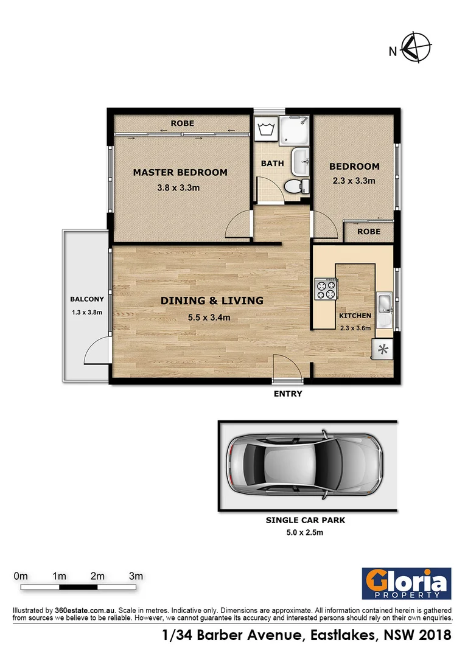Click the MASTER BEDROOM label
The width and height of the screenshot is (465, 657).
click(180, 172)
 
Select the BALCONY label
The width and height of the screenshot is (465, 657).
click(87, 299)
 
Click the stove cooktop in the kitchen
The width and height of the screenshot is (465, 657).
click(325, 288)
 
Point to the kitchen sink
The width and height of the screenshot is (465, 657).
click(384, 303)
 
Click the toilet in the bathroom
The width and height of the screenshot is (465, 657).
click(296, 186)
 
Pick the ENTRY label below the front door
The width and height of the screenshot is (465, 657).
click(288, 394)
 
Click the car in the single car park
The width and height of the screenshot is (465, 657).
click(304, 465)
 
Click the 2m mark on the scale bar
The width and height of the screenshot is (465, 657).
click(97, 576)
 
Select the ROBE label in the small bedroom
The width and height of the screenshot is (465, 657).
click(369, 232)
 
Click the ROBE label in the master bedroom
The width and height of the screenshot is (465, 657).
click(182, 123)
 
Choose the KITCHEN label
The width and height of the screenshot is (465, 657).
click(355, 316)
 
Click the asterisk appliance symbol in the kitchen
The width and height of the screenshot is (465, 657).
click(383, 349)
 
